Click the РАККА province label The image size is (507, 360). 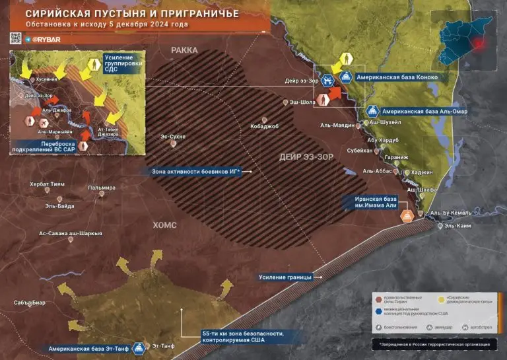pos(184,50)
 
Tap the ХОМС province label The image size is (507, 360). pos(165,225)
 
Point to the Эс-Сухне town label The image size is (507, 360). pos(174,137)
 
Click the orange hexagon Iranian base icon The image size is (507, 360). pos(407,216)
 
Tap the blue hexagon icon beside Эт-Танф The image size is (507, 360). pos(139,347)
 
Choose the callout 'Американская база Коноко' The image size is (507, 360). pos(397,77)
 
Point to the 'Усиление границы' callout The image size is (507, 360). pos(285,277)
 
